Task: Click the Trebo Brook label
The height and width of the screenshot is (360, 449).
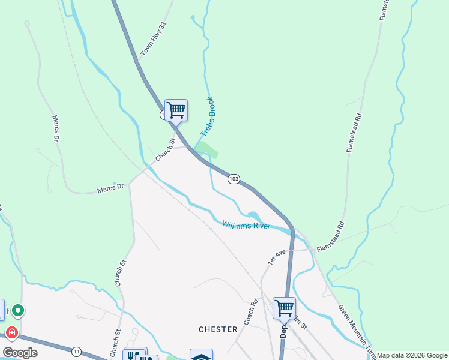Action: click(207, 115)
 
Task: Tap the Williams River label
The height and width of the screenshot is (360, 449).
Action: click(246, 226)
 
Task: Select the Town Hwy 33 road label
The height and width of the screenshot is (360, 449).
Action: click(153, 44)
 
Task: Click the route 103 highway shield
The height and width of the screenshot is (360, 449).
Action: click(234, 179)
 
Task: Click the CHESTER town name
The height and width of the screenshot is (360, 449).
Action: click(218, 329)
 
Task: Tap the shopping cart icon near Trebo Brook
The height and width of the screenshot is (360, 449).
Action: click(176, 110)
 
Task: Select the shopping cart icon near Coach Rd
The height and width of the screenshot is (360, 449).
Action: click(284, 308)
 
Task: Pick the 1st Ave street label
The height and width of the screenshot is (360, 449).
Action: click(276, 257)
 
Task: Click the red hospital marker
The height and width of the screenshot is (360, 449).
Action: click(11, 332)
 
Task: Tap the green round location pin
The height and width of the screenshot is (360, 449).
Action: click(18, 310)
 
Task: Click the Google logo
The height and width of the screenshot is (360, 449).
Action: click(20, 353)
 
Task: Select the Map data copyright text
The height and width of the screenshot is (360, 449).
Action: click(412, 355)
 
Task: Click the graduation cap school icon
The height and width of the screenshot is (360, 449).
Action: click(200, 356)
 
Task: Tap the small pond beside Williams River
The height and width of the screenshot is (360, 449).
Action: click(253, 216)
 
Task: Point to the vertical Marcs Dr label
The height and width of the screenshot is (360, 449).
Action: click(56, 129)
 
